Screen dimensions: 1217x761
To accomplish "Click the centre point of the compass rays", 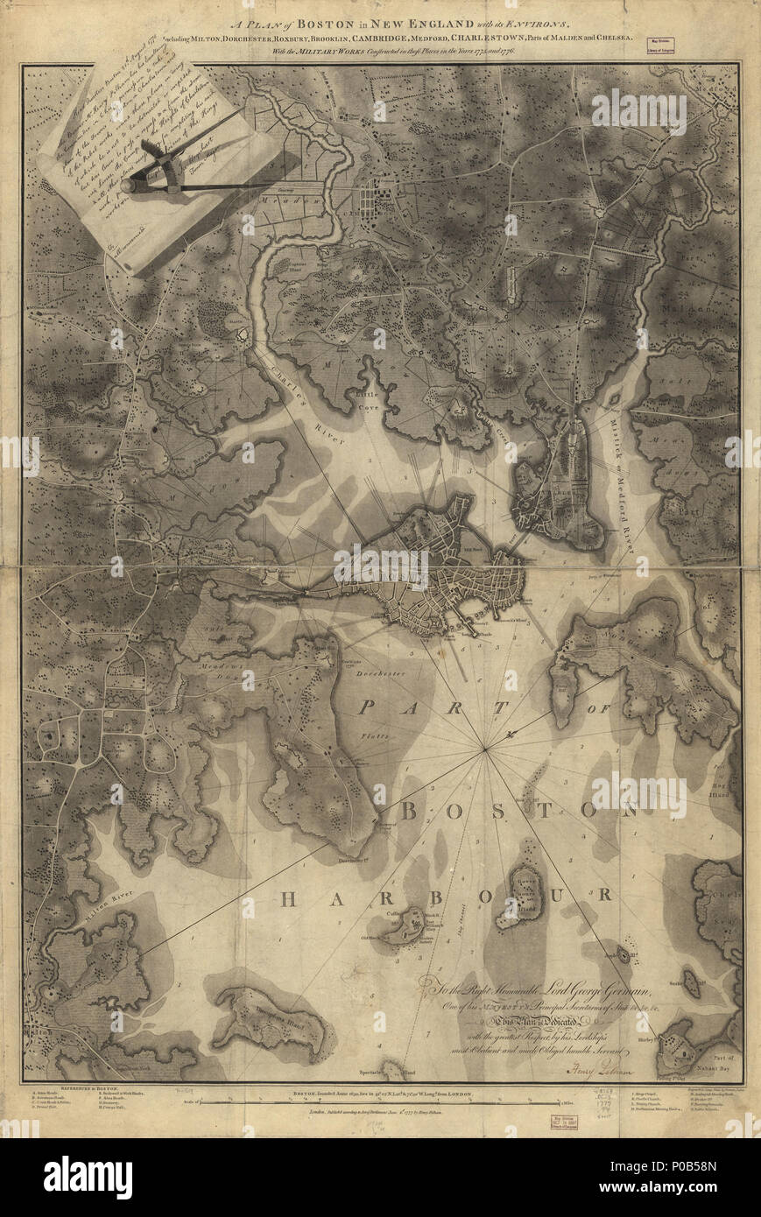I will coord(486,749).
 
